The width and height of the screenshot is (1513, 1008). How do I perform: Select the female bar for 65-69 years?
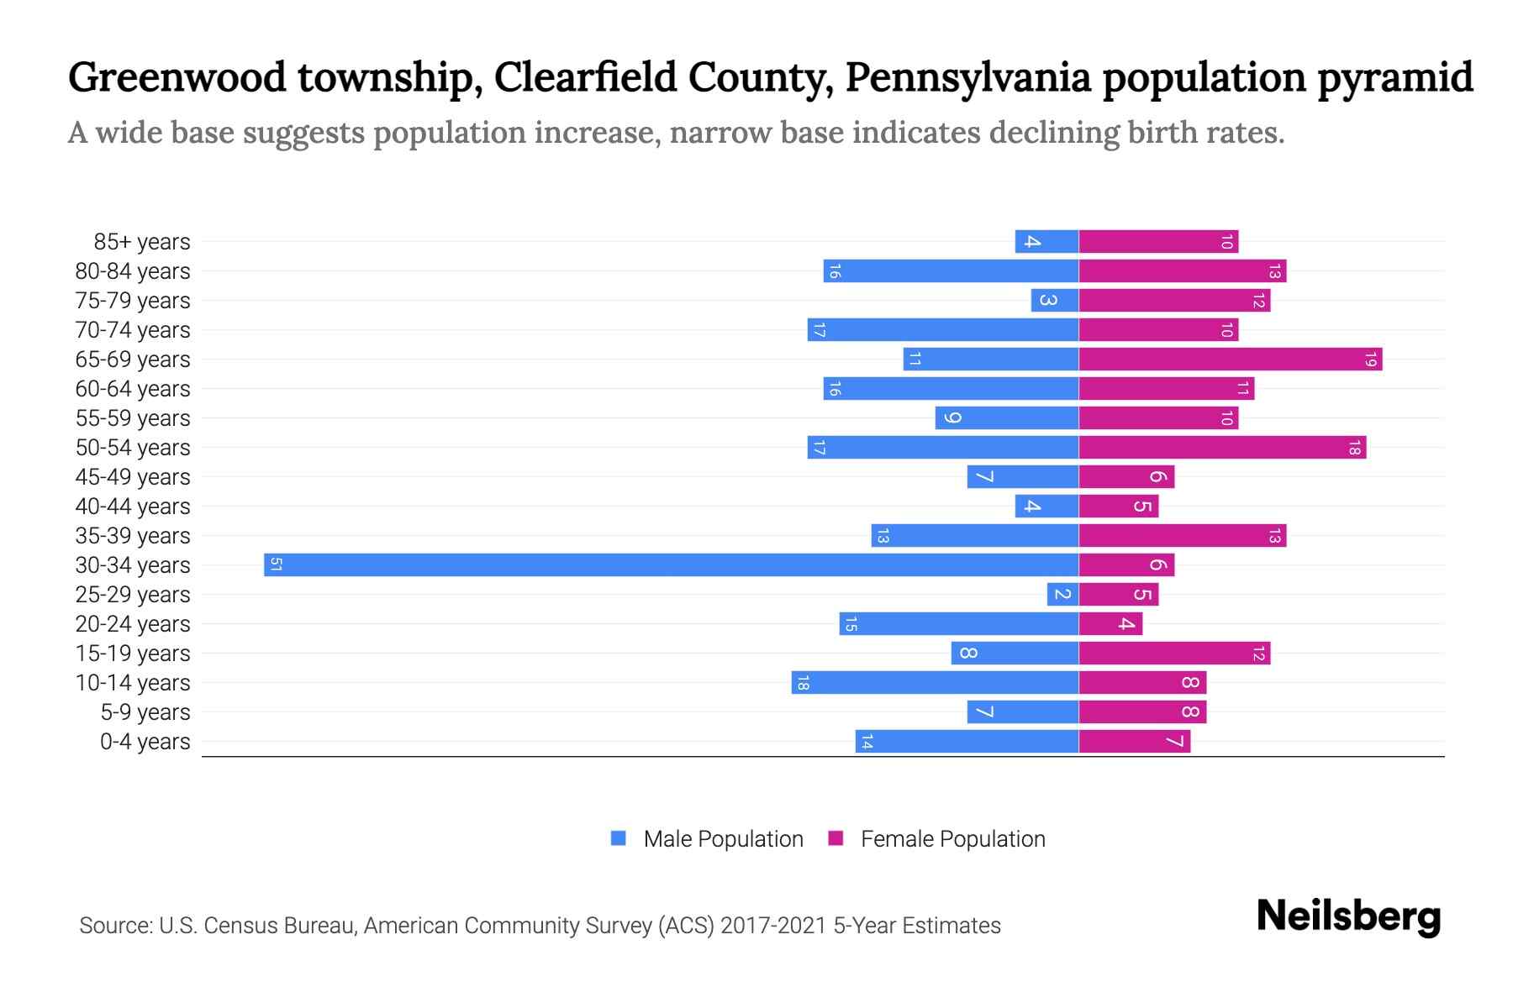(x=1230, y=360)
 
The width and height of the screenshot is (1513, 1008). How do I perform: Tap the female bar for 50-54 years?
(x=1222, y=448)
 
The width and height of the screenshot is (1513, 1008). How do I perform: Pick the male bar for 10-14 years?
(x=935, y=683)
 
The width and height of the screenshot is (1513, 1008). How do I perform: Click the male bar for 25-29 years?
(x=1062, y=595)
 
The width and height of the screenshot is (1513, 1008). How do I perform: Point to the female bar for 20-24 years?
(x=1110, y=624)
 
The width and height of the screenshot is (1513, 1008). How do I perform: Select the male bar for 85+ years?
(x=1046, y=242)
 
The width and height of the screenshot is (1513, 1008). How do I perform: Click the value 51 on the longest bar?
(x=276, y=564)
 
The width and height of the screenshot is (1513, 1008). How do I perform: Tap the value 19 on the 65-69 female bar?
(x=1370, y=360)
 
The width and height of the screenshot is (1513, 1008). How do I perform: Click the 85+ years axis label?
(x=142, y=242)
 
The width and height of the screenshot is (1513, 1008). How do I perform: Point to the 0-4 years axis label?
(x=145, y=742)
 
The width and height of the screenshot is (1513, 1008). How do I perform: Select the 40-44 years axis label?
(x=133, y=507)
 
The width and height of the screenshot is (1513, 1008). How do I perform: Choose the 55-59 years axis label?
(x=133, y=418)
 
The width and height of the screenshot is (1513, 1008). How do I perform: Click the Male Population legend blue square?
(x=619, y=838)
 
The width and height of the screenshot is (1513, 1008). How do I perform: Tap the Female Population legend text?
(x=952, y=839)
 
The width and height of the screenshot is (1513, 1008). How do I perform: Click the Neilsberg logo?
(x=1348, y=916)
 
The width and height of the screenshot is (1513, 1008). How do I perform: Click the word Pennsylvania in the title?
(x=968, y=77)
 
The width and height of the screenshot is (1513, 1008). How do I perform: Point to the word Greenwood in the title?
(x=177, y=77)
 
